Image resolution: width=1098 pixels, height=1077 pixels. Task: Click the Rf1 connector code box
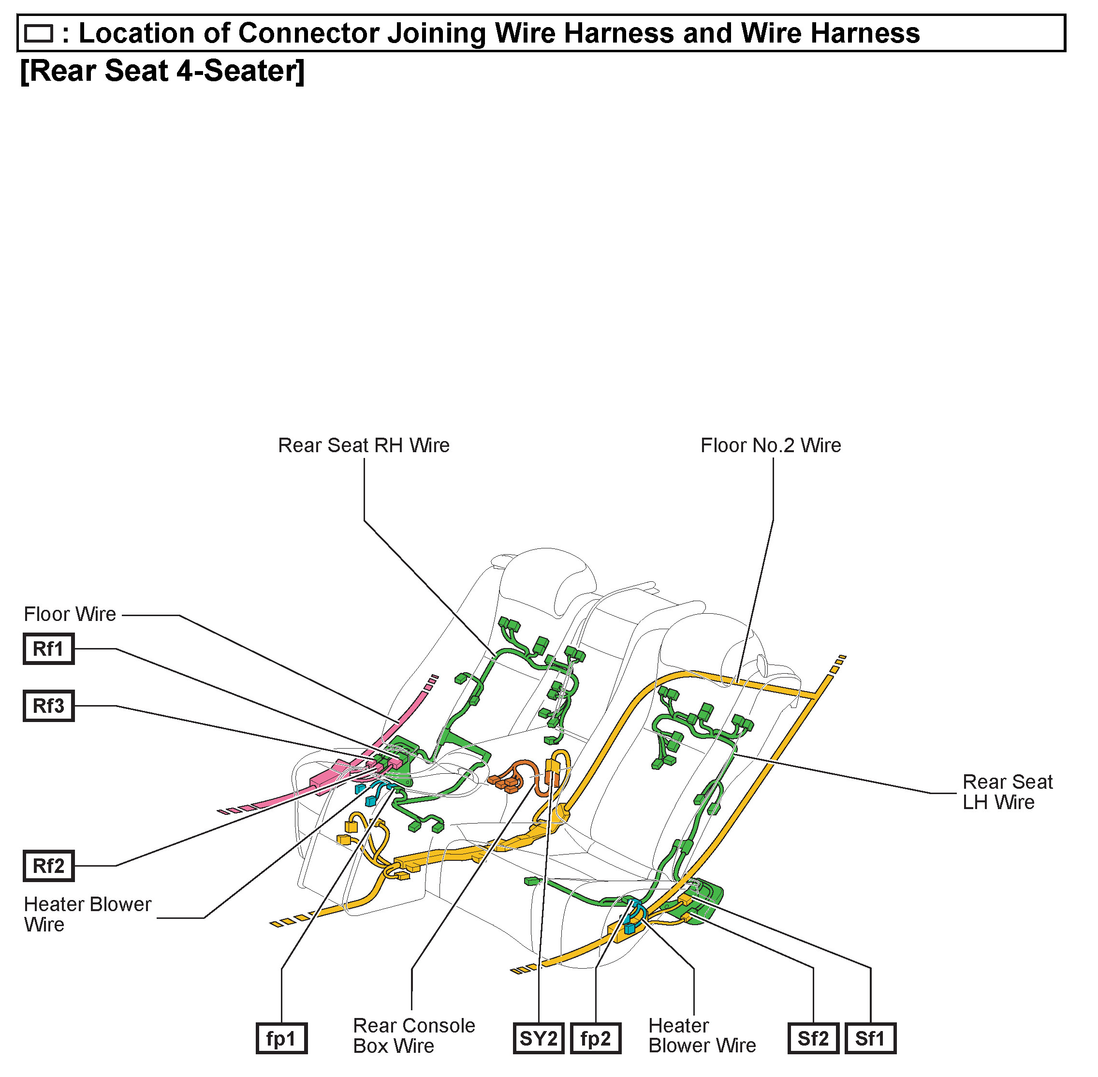pos(49,649)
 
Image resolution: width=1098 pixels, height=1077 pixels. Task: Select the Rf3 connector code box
pos(49,706)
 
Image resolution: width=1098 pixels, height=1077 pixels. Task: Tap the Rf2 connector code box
pos(49,866)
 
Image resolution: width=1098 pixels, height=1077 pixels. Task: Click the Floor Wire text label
pos(70,614)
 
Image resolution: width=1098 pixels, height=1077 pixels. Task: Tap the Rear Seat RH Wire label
pos(364,446)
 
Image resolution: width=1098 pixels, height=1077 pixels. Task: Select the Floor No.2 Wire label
pos(771,446)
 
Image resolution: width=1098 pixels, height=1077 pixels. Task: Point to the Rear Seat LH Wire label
pos(1007,792)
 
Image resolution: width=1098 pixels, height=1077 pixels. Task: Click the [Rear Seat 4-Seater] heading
pos(162,71)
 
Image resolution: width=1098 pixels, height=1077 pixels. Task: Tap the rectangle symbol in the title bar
pos(39,34)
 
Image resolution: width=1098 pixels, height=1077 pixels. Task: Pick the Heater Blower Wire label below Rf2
pos(87,914)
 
